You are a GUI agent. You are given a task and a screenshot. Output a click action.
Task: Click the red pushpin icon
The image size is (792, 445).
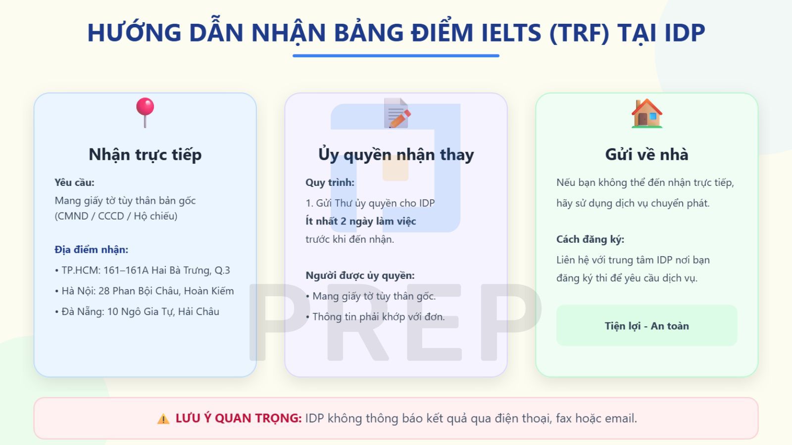pyautogui.click(x=145, y=112)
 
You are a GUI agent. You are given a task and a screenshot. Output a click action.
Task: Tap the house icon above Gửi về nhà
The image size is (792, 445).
pyautogui.click(x=646, y=113)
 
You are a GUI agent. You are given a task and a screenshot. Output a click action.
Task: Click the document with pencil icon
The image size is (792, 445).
pyautogui.click(x=397, y=113)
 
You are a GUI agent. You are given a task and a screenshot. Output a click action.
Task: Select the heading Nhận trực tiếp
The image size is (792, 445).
pyautogui.click(x=145, y=154)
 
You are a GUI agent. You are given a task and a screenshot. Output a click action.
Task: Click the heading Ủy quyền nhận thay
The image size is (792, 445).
pyautogui.click(x=396, y=154)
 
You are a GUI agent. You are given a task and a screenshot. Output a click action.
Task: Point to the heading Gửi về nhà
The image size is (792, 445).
pyautogui.click(x=646, y=154)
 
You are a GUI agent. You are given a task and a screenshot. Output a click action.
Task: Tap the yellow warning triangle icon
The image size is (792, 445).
pyautogui.click(x=163, y=419)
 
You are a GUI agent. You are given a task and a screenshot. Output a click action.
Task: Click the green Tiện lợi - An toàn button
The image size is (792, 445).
pyautogui.click(x=646, y=326)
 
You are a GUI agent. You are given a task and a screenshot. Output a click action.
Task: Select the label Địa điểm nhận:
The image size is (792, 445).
pyautogui.click(x=91, y=250)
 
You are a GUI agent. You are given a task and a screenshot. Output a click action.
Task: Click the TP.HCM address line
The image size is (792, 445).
pyautogui.click(x=143, y=270)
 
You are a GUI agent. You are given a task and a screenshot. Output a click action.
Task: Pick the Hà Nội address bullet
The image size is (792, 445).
pyautogui.click(x=145, y=291)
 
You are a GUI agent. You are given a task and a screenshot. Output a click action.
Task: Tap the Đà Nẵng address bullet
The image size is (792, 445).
pyautogui.click(x=137, y=312)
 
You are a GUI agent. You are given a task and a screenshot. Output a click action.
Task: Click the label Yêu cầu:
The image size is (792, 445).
pyautogui.click(x=74, y=182)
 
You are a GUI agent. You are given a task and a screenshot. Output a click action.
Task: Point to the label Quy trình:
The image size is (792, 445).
pyautogui.click(x=330, y=182)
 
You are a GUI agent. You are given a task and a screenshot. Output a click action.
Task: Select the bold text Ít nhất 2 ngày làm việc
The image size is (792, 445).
pyautogui.click(x=360, y=221)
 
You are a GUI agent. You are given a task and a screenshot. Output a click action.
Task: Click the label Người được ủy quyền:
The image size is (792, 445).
pyautogui.click(x=360, y=275)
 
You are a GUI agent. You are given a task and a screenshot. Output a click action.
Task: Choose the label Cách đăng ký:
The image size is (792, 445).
pyautogui.click(x=590, y=239)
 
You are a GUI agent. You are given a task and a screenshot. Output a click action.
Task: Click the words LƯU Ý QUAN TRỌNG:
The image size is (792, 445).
pyautogui.click(x=238, y=418)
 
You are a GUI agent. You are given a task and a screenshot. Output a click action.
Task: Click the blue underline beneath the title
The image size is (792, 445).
pyautogui.click(x=396, y=56)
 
